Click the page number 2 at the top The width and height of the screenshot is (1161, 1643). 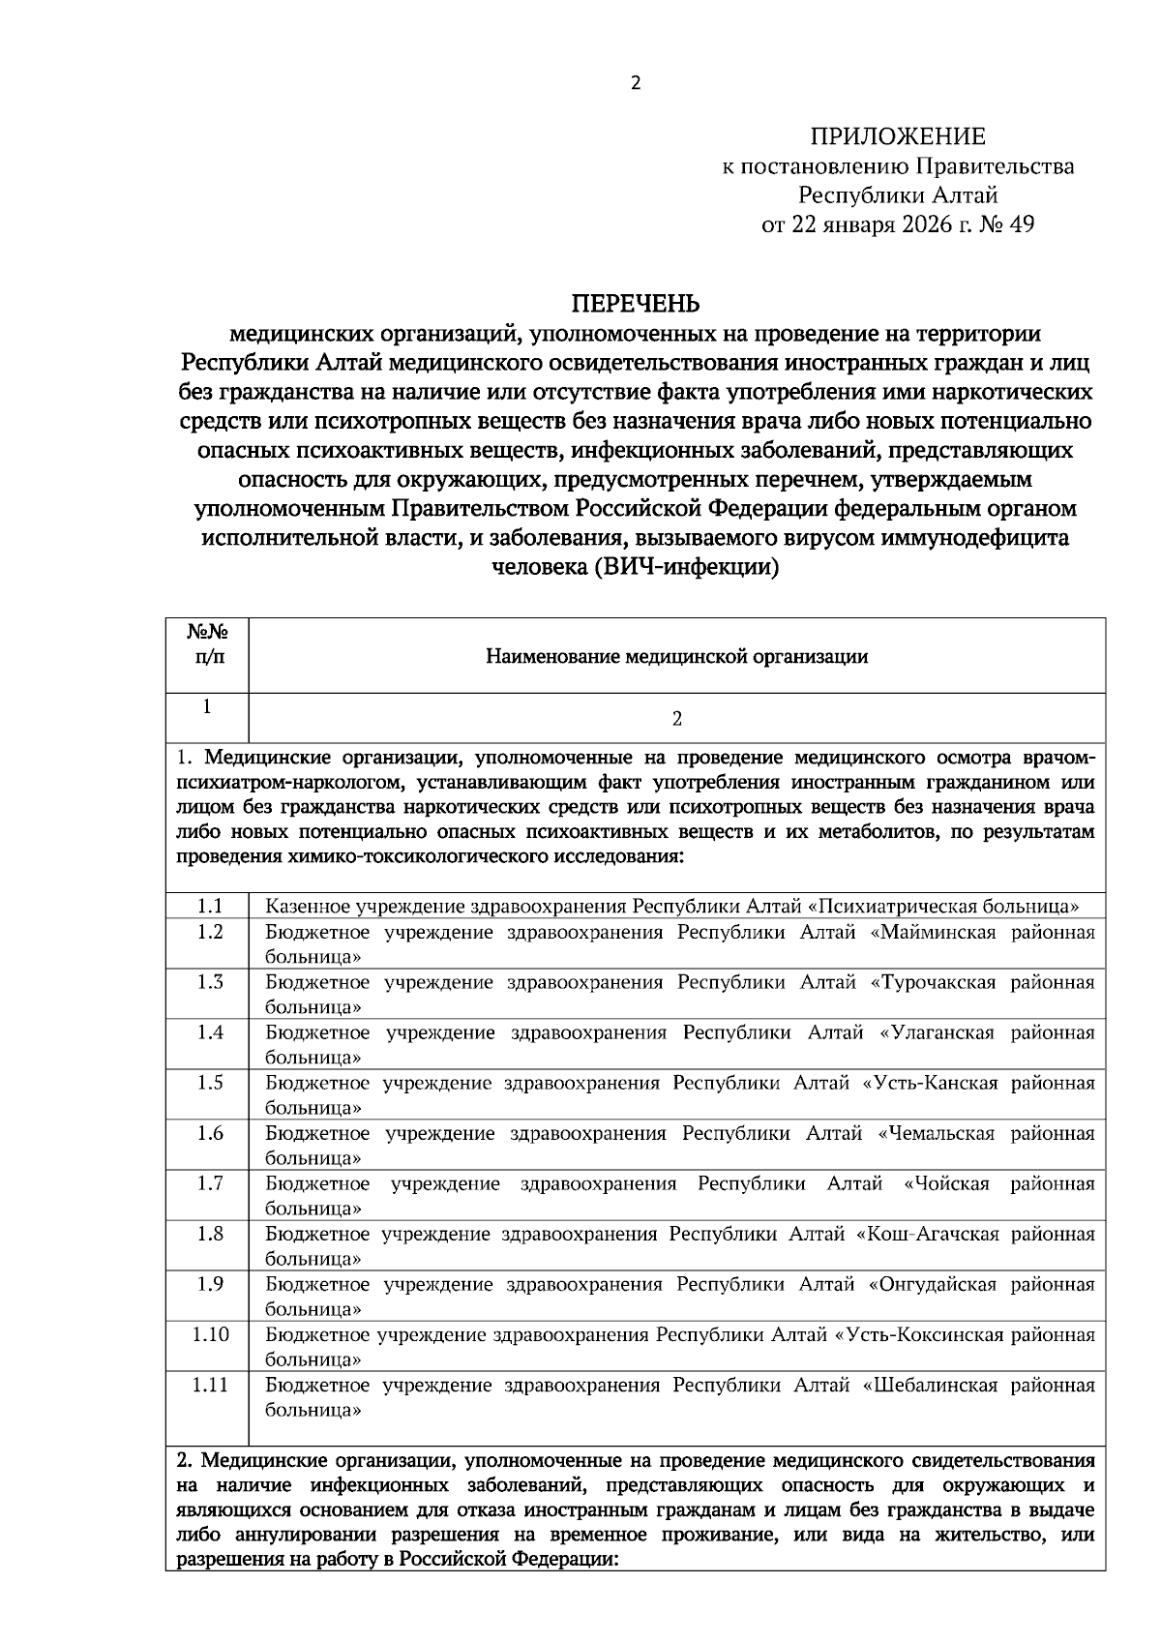pos(636,84)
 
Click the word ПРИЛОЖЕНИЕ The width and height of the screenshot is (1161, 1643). pos(898,136)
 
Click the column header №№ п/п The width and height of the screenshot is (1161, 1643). pos(207,644)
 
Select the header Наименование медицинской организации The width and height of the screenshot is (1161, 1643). pos(676,657)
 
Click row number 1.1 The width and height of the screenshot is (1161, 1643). pos(210,907)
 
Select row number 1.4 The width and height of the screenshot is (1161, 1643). pos(210,1032)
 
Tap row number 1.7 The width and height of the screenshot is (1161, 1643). pos(210,1183)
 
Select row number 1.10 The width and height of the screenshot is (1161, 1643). pos(210,1334)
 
